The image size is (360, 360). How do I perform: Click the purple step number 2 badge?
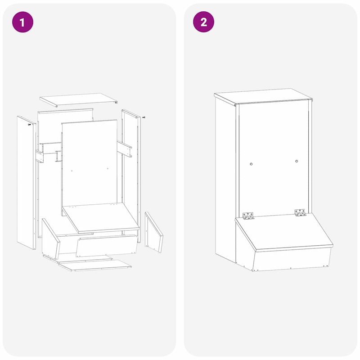204,22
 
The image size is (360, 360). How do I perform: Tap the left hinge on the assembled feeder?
248,216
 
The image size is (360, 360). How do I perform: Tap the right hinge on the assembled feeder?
300,213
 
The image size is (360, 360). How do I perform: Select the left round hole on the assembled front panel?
252,163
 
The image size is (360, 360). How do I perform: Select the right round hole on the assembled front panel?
297,161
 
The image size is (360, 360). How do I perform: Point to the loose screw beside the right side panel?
144,117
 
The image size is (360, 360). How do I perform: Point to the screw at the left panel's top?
29,124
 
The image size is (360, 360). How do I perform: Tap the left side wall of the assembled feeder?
225,180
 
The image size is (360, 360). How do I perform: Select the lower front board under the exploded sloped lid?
106,245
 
